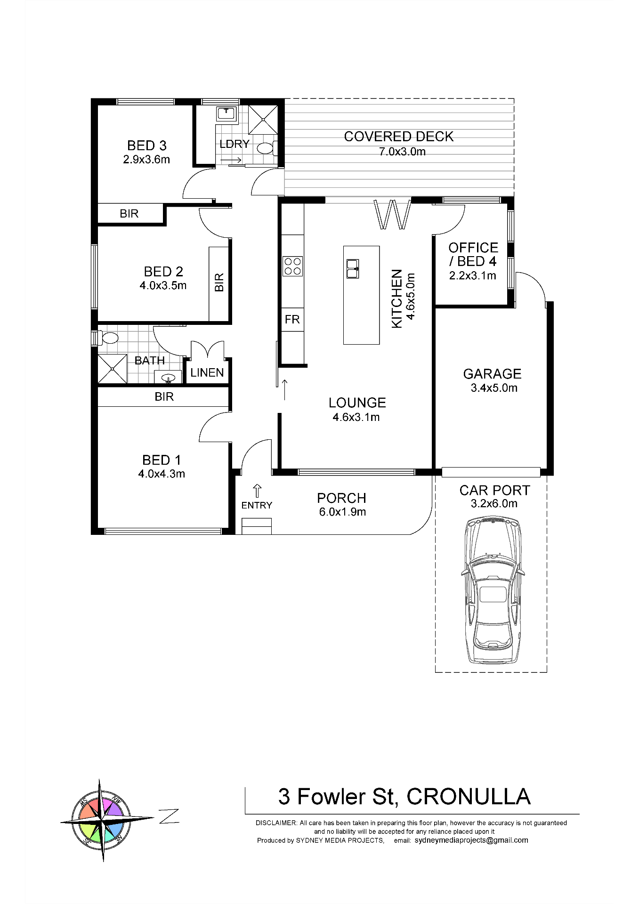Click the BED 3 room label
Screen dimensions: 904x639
[146, 145]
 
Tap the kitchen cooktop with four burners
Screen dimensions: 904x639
[292, 266]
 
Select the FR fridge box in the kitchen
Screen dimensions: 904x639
[292, 320]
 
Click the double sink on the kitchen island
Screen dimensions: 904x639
[353, 268]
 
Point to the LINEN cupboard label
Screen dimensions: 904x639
[207, 373]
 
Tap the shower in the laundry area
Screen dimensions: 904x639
[263, 120]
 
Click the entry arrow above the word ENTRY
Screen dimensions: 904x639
[257, 491]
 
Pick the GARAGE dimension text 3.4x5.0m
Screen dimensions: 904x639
[494, 388]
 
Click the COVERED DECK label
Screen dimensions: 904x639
[398, 137]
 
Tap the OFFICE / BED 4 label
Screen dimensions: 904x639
[473, 254]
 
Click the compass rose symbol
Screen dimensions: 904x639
[102, 820]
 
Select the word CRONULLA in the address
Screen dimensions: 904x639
[468, 797]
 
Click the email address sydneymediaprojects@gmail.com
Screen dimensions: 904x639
[471, 840]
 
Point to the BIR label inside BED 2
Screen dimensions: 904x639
[219, 282]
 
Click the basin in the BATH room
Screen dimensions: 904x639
[168, 378]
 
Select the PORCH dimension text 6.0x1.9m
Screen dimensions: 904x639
[342, 512]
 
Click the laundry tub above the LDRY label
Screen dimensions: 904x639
[227, 113]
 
